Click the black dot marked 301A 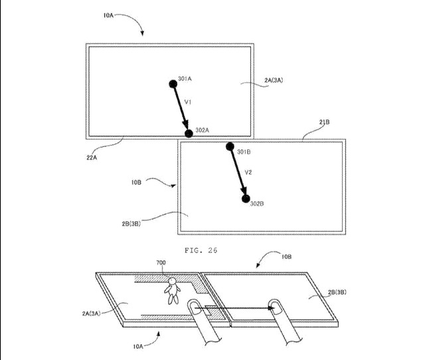click(173, 82)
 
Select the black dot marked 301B click(230, 147)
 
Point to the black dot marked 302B click(246, 198)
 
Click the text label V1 click(188, 102)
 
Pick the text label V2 click(248, 172)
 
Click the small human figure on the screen click(173, 290)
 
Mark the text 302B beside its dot click(258, 203)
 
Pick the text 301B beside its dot click(243, 152)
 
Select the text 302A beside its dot click(202, 131)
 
